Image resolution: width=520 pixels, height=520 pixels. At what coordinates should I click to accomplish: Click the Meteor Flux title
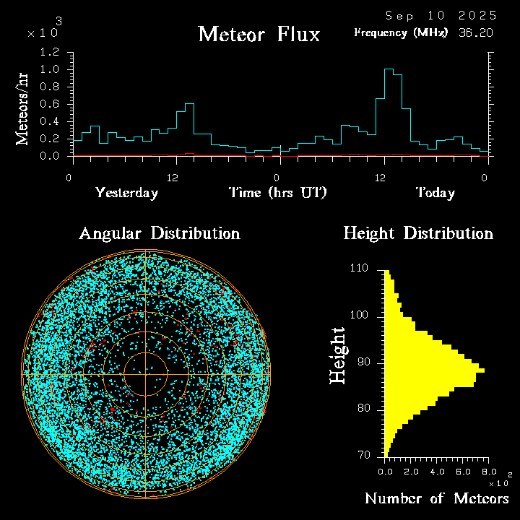point(259,34)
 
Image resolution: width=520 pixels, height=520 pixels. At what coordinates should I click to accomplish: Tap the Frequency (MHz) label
point(401,32)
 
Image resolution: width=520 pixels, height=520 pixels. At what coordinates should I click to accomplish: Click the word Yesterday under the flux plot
point(126,193)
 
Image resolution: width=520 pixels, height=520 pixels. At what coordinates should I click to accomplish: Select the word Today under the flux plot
point(435,193)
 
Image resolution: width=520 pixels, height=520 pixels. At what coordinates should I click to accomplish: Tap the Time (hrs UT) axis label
point(278,193)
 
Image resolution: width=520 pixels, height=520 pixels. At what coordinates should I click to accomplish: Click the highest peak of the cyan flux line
point(389,69)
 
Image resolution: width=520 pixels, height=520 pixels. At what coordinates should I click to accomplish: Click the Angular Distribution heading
point(159,233)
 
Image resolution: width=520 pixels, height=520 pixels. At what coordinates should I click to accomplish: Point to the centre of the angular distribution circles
point(146,374)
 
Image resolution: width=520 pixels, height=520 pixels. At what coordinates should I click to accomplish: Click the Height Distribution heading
point(417,233)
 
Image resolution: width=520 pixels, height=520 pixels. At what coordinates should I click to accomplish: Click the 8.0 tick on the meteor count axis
point(487,471)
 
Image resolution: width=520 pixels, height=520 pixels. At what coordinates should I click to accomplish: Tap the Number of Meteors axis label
point(436,498)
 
